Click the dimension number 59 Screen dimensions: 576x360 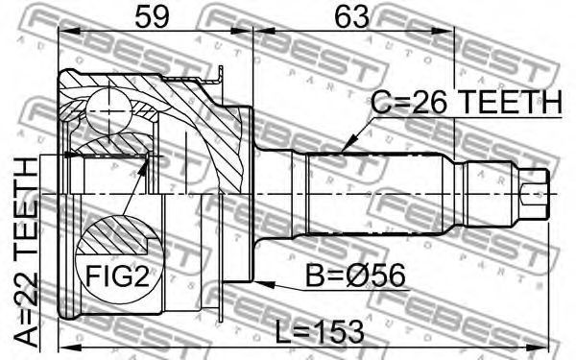(152, 17)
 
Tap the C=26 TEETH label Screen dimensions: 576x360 (466, 102)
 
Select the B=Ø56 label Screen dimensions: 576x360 (355, 276)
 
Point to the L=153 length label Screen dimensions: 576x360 (320, 332)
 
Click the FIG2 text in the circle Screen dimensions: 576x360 (117, 276)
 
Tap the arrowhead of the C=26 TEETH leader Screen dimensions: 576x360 (348, 143)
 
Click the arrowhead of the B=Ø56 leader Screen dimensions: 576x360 (264, 284)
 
